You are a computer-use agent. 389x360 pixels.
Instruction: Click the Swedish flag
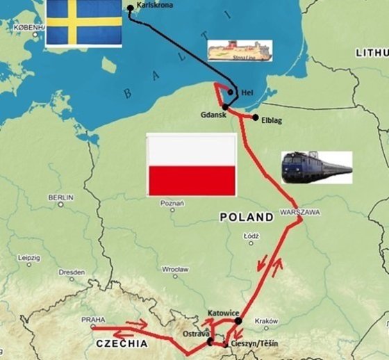click(83, 23)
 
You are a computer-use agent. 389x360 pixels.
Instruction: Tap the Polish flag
click(191, 165)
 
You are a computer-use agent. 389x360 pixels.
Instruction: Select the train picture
click(316, 167)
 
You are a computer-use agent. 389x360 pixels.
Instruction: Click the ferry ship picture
click(240, 50)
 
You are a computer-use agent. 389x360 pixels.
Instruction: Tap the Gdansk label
click(215, 115)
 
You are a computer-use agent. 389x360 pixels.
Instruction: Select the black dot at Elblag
click(256, 117)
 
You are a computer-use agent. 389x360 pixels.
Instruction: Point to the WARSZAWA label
click(299, 211)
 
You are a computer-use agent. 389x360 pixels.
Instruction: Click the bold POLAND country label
click(247, 218)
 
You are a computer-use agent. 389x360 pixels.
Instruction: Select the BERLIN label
click(60, 197)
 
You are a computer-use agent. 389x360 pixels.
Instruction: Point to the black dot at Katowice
click(239, 321)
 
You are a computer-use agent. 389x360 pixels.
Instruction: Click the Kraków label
click(267, 321)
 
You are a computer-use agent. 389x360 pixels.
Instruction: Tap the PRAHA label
click(93, 320)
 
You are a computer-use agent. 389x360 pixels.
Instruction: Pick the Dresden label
click(72, 272)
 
